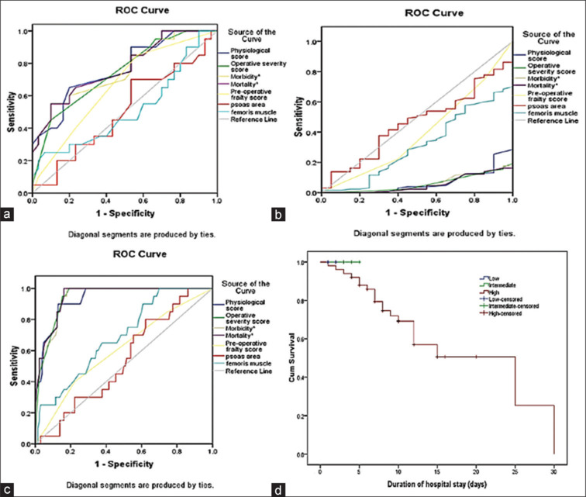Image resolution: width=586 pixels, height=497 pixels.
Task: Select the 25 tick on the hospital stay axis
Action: (516, 469)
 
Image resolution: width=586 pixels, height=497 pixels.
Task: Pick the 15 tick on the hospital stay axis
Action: (438, 469)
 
